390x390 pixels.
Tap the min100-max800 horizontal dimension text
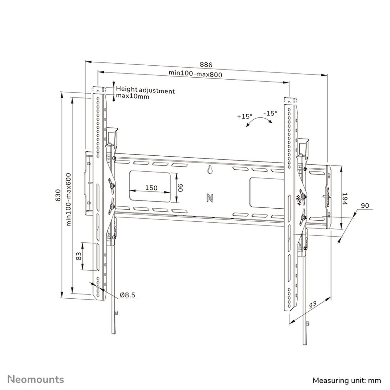coord(195,74)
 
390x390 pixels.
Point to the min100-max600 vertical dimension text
coord(69,200)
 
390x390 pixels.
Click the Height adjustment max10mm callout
coord(145,94)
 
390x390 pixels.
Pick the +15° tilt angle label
coord(244,116)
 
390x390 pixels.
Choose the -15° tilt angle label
coord(270,113)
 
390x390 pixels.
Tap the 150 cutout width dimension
coord(151,188)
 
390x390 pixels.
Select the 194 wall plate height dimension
coord(345,198)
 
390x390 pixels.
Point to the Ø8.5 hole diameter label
coord(127,295)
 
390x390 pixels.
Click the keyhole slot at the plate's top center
coord(210,170)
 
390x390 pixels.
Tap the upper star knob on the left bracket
coord(111,186)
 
